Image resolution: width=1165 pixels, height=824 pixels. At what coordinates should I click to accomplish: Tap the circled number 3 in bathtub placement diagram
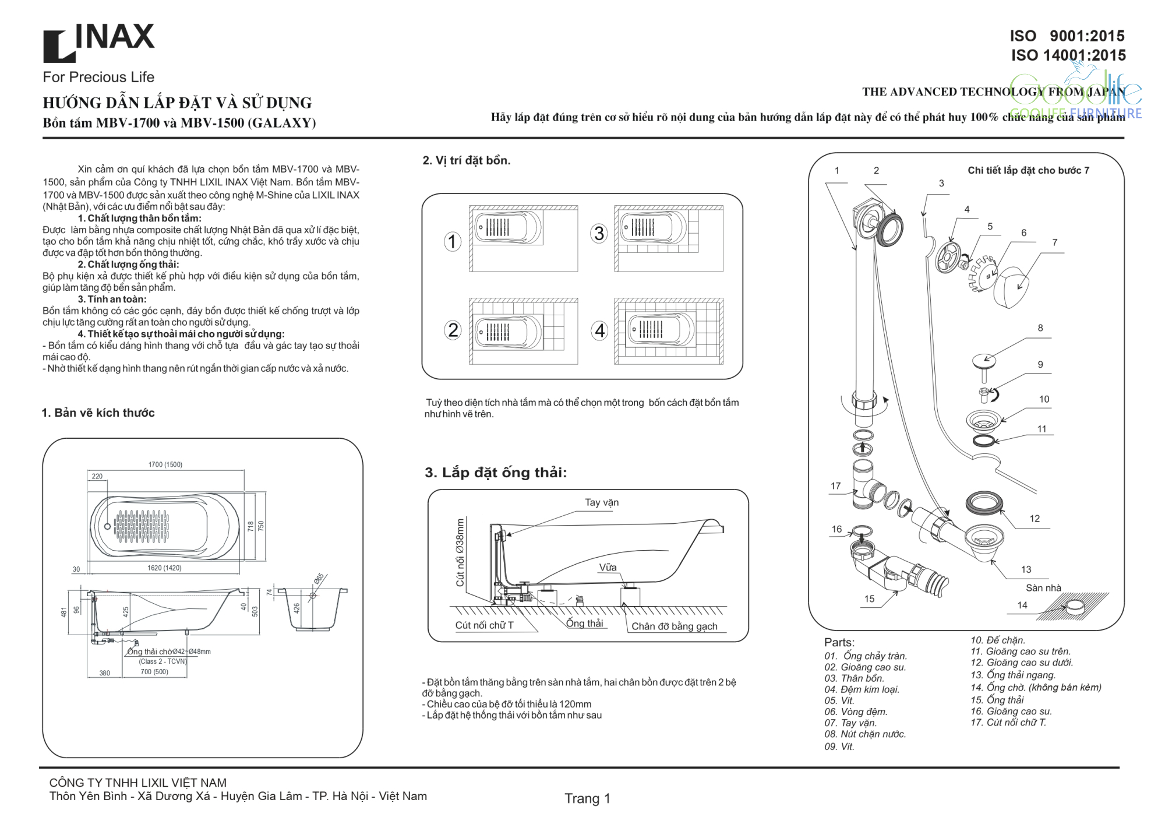pyautogui.click(x=599, y=234)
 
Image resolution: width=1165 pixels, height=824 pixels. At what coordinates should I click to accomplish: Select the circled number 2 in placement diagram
pyautogui.click(x=453, y=330)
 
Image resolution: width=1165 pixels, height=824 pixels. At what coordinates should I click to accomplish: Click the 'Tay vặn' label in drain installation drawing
pyautogui.click(x=602, y=502)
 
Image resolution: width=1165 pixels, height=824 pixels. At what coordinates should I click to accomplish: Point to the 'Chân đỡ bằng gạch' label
pyautogui.click(x=675, y=626)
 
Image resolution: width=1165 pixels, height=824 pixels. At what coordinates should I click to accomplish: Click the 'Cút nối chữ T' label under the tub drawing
pyautogui.click(x=484, y=625)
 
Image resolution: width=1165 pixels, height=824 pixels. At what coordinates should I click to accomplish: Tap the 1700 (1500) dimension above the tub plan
pyautogui.click(x=165, y=464)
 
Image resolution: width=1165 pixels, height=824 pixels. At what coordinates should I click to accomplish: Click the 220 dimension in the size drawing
pyautogui.click(x=97, y=476)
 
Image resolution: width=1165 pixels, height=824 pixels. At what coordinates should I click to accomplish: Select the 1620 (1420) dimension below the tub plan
pyautogui.click(x=164, y=568)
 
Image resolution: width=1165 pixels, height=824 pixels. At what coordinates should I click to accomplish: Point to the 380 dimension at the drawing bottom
pyautogui.click(x=105, y=672)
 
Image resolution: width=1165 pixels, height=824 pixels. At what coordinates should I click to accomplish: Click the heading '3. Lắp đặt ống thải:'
pyautogui.click(x=496, y=472)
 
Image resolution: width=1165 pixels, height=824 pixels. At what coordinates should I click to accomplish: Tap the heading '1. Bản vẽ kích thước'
pyautogui.click(x=98, y=413)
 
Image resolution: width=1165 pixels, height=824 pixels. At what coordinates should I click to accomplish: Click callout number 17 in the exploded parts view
pyautogui.click(x=836, y=485)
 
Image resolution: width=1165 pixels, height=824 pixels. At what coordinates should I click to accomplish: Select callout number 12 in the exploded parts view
pyautogui.click(x=1035, y=518)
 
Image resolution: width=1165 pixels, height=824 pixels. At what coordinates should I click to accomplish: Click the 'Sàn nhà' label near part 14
pyautogui.click(x=1043, y=587)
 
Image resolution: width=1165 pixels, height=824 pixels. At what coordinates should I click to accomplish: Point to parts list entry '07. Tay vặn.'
pyautogui.click(x=850, y=723)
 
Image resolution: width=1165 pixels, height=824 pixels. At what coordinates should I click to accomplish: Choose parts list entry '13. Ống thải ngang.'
pyautogui.click(x=1013, y=674)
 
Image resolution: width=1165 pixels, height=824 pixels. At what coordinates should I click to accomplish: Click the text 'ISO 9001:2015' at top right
pyautogui.click(x=1067, y=36)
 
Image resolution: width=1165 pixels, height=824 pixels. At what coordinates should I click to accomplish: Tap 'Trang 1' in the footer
pyautogui.click(x=587, y=798)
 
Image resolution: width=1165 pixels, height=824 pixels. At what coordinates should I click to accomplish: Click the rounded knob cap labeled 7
pyautogui.click(x=1012, y=287)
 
